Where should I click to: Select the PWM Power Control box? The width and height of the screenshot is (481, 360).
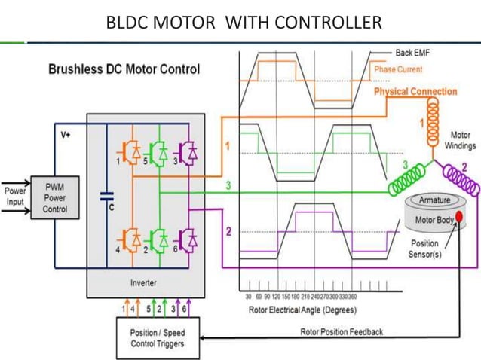pos(54,198)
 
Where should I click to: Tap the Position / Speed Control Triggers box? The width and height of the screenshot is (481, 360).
pos(157,337)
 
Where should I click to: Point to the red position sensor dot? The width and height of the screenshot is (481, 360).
pos(458,218)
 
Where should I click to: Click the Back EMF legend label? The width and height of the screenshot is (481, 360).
pos(412,53)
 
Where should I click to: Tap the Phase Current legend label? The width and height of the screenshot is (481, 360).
pos(398,69)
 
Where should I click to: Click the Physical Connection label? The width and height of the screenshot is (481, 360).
pos(415,92)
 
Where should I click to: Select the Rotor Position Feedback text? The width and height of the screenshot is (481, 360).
pos(342,331)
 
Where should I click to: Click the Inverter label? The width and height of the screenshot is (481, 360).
pos(143,283)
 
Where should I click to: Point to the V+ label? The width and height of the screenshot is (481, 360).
pos(66,134)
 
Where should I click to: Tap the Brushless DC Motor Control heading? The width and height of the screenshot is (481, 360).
pos(124,69)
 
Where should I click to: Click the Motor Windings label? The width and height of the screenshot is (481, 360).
pos(460,140)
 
